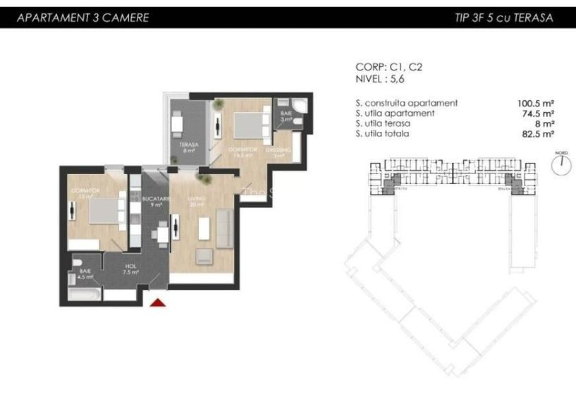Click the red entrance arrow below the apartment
coord(159,303)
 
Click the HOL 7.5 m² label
coord(130,269)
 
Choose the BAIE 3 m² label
coord(286,116)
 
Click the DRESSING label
coord(278,153)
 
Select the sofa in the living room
coord(224,228)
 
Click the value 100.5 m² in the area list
coord(535,103)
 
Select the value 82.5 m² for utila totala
coord(537,133)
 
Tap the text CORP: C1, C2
coord(389,67)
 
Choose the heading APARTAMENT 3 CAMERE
coord(83,18)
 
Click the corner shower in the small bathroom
coord(301,106)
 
